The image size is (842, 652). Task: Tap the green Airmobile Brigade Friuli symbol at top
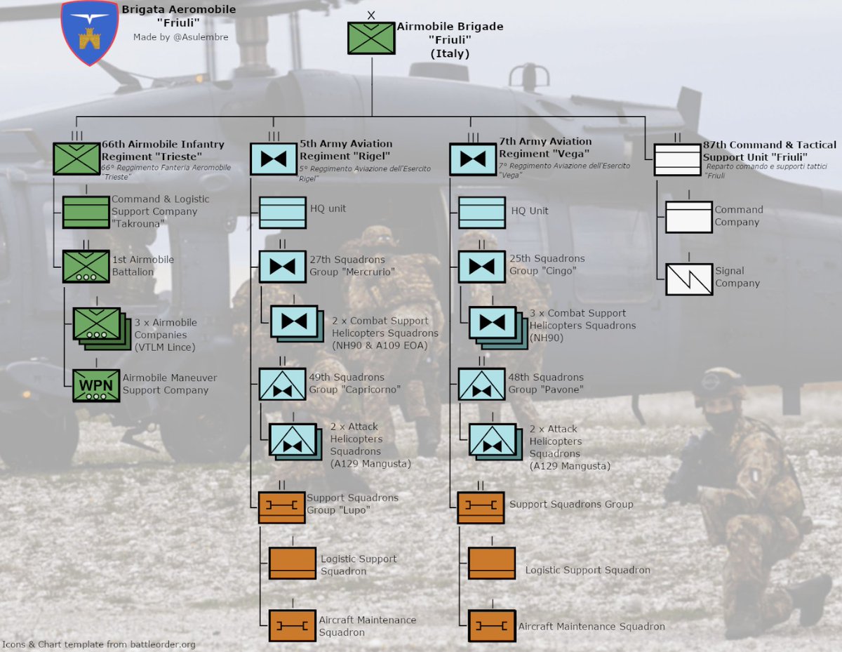(x=372, y=38)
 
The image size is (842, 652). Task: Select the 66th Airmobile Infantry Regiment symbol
(x=76, y=159)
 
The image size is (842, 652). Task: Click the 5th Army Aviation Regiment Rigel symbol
(x=274, y=159)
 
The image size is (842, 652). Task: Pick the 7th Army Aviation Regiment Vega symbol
(x=473, y=159)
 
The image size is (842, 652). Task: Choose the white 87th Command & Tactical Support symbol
(x=678, y=159)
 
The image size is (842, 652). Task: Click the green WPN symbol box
(x=96, y=385)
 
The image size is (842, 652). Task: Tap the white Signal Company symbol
(x=688, y=279)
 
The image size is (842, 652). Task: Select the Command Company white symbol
(x=688, y=217)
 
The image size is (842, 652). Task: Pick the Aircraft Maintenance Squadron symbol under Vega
(x=492, y=625)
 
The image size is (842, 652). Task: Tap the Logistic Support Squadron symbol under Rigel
(x=293, y=564)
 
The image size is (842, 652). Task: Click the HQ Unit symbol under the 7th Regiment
(x=481, y=212)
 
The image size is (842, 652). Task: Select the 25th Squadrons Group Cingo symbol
(x=481, y=267)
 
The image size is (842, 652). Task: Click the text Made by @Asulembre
(x=180, y=37)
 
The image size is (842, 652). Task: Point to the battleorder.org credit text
(x=98, y=644)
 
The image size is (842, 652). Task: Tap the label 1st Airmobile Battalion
(x=143, y=265)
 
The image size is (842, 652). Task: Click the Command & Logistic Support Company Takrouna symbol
(x=86, y=212)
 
